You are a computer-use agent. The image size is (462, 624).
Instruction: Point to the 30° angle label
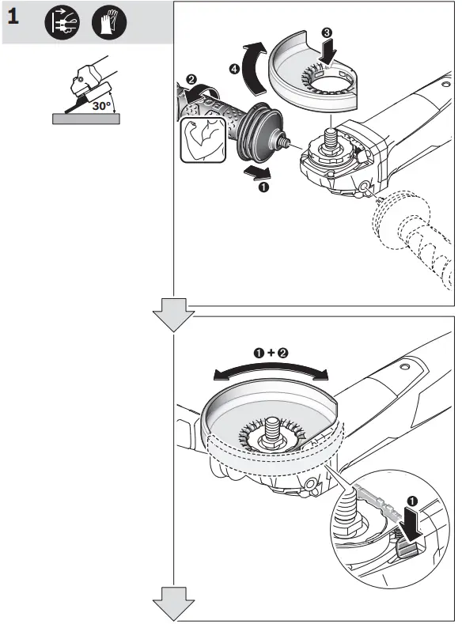101,103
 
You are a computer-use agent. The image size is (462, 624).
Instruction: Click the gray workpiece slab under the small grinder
86,119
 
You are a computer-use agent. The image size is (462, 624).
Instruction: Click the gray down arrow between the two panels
173,315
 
